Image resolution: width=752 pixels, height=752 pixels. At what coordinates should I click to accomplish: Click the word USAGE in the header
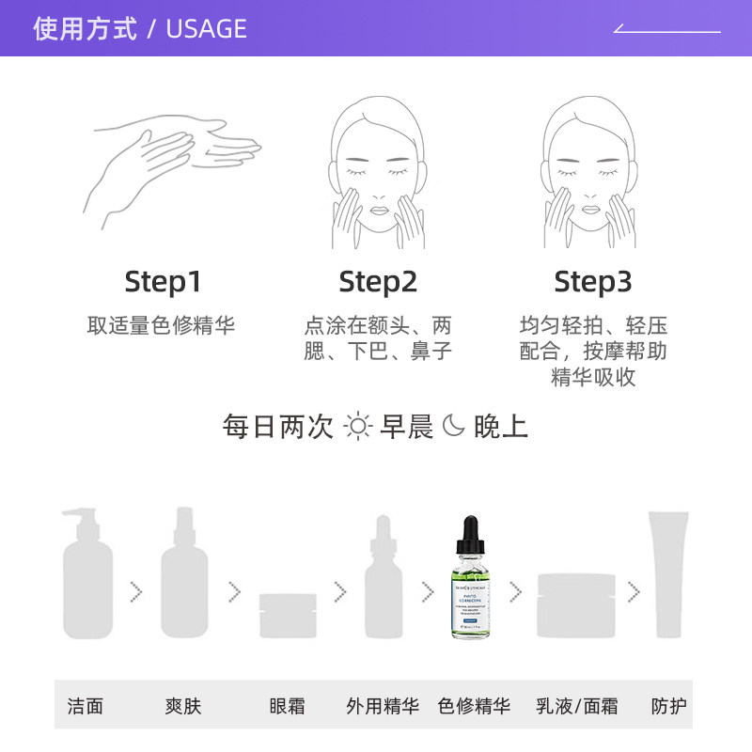pos(206,29)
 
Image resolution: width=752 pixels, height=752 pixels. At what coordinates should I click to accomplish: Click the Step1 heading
pos(163,282)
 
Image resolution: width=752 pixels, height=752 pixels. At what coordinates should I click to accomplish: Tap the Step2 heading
pos(378,282)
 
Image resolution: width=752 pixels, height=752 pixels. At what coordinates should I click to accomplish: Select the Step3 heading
pos(593,282)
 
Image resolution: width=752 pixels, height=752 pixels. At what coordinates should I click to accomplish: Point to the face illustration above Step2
pos(377,174)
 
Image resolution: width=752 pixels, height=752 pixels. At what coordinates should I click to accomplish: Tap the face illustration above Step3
pos(592,174)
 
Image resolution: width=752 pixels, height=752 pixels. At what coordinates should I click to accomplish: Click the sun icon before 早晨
pos(358,428)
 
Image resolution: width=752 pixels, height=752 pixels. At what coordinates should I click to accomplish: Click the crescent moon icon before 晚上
pos(454,427)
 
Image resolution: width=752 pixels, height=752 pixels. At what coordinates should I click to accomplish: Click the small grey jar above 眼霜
pos(287,615)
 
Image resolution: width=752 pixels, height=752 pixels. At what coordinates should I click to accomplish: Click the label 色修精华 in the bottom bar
pos(474,706)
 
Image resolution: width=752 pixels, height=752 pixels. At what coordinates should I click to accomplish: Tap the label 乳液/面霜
pos(577,706)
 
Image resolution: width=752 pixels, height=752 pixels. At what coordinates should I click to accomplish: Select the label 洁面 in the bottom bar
pos(86,706)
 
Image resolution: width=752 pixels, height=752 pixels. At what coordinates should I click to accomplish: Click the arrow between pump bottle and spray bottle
pos(136,592)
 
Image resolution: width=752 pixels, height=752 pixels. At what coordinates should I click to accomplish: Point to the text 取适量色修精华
pos(162,325)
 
